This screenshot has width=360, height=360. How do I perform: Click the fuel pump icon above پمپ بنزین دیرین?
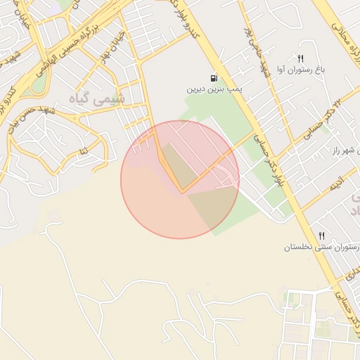[213, 79]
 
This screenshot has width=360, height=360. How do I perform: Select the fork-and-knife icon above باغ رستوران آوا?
[301, 59]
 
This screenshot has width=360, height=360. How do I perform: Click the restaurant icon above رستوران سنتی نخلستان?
[321, 236]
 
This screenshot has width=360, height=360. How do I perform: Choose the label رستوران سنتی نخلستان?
[322, 247]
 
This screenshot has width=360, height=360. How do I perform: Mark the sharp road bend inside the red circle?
[183, 191]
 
